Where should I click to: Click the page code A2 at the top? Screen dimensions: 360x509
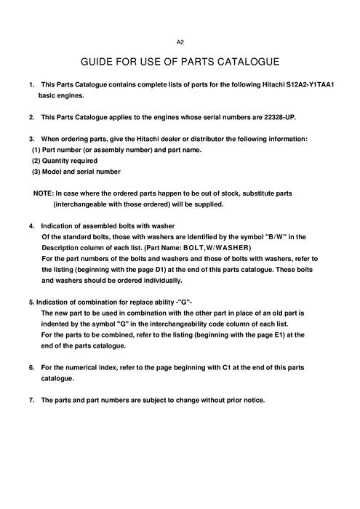coord(180,42)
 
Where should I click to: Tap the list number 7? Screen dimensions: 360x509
coord(31,400)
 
